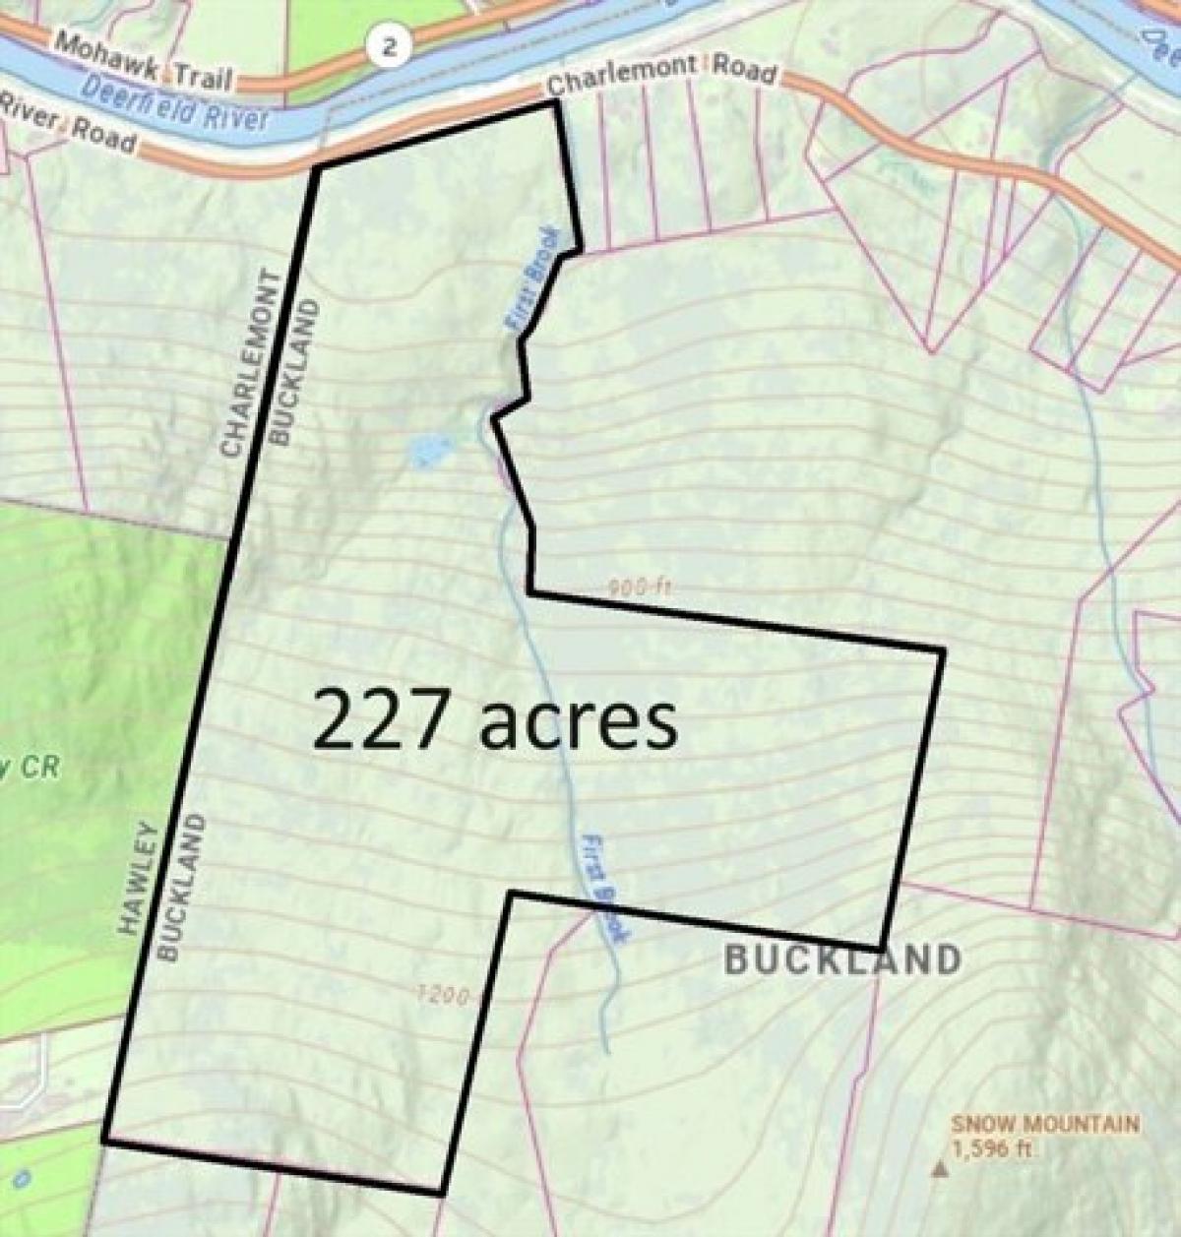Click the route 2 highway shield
tap(391, 47)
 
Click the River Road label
tap(69, 126)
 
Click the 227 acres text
tap(495, 720)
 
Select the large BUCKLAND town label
tap(842, 959)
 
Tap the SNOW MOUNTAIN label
tap(1045, 1124)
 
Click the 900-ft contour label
tap(639, 587)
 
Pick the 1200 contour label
tap(443, 995)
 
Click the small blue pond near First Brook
tap(426, 452)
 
